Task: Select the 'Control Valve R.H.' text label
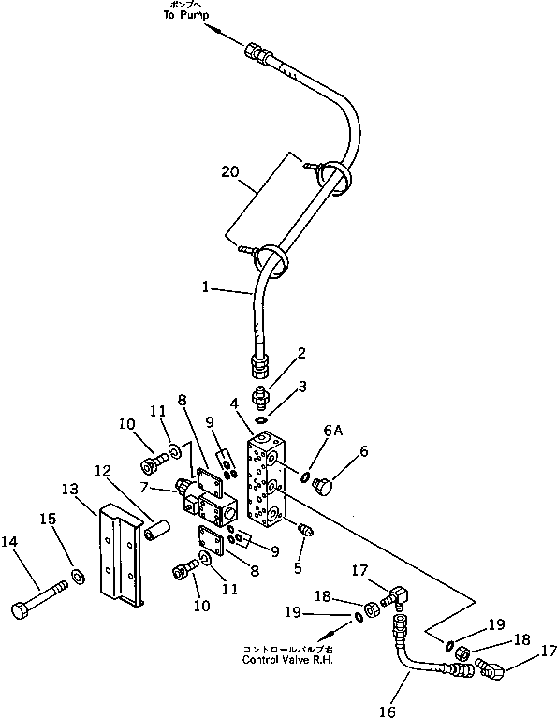click(x=286, y=659)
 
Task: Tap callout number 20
click(x=230, y=171)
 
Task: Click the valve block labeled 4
click(x=272, y=477)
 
